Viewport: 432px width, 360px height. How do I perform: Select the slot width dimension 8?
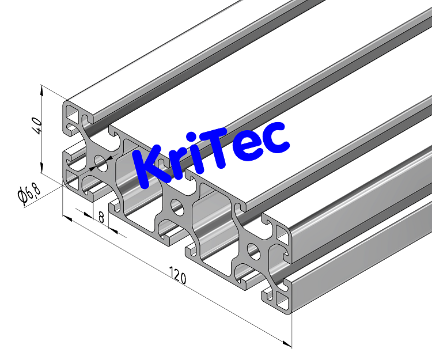pyautogui.click(x=101, y=218)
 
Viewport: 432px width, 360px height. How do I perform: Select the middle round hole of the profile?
pyautogui.click(x=177, y=207)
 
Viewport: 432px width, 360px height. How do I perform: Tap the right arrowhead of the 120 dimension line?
pyautogui.click(x=287, y=344)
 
